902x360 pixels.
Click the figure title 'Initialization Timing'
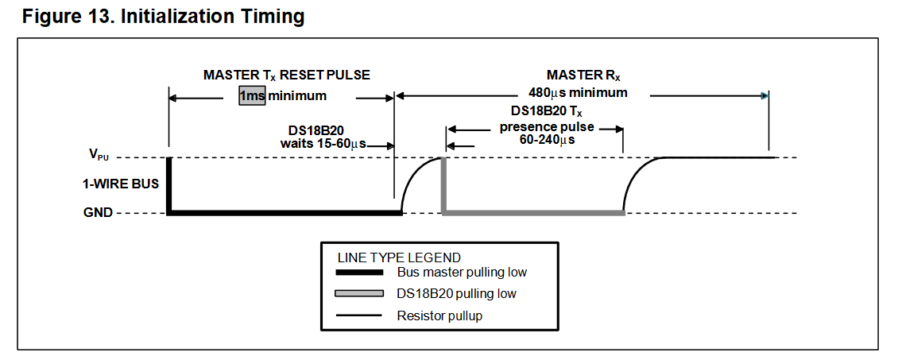[213, 16]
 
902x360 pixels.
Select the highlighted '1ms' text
[252, 96]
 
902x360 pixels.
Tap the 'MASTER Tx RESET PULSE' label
[286, 75]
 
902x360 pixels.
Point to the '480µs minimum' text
[578, 92]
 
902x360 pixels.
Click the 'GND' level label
[98, 212]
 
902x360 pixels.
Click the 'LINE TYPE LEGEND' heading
[399, 257]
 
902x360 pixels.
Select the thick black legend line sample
[362, 273]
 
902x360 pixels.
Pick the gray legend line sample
[362, 294]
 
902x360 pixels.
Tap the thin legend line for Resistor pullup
[362, 316]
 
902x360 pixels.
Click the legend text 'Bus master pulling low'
[462, 273]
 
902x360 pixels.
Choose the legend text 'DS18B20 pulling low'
[456, 294]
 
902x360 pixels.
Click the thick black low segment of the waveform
[286, 212]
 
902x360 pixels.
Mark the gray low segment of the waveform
[532, 212]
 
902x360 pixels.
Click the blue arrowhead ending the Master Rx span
[764, 96]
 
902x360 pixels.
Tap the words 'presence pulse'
[547, 126]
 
